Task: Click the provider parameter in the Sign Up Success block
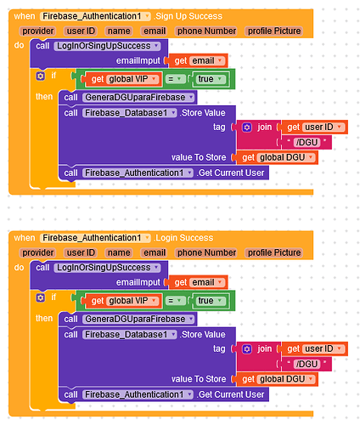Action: [38, 31]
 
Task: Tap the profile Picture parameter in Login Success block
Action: [274, 252]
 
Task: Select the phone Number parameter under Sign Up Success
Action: [206, 31]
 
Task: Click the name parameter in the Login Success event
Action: [119, 252]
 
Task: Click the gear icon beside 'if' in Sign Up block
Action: [41, 76]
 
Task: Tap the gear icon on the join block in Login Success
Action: [247, 349]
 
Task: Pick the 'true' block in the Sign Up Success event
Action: [210, 79]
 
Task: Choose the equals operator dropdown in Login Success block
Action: [175, 301]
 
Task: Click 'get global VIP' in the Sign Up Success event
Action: [121, 79]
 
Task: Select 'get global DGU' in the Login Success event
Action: [276, 379]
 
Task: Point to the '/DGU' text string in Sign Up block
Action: [307, 142]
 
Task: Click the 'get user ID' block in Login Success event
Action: [314, 348]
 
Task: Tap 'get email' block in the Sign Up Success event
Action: [198, 60]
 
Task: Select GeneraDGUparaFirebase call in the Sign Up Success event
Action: [127, 98]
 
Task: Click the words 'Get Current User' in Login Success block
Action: [231, 394]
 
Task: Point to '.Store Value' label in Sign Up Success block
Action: [203, 113]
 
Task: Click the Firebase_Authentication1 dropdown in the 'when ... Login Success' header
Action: [95, 238]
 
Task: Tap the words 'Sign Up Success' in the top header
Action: [188, 16]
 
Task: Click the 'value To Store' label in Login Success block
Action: [199, 379]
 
